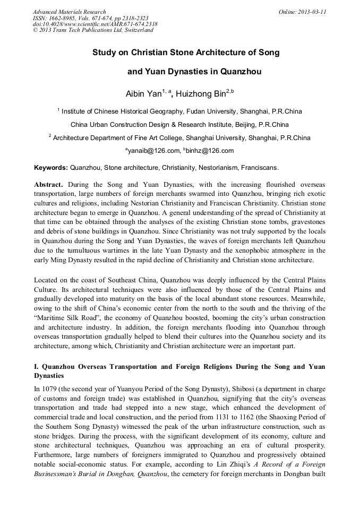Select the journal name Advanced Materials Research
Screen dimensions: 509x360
pos(70,11)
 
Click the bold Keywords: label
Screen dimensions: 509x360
pos(51,168)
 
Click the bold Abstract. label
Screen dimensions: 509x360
pos(48,184)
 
